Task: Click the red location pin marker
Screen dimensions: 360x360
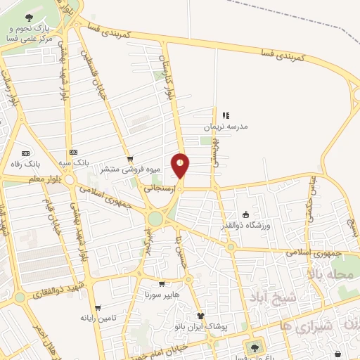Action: click(181, 165)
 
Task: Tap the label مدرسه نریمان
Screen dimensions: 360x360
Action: click(226, 127)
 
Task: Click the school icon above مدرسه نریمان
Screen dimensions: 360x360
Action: click(226, 115)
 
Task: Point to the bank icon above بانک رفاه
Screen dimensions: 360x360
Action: click(27, 153)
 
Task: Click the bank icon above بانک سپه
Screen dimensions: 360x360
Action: click(73, 153)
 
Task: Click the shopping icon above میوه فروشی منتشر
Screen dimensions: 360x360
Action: click(129, 159)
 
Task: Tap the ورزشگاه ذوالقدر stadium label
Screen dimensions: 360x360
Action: click(252, 225)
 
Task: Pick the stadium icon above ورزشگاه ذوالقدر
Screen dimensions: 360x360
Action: click(245, 214)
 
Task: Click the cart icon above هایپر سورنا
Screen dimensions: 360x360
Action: click(162, 284)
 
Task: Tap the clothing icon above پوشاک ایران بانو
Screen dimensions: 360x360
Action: click(200, 316)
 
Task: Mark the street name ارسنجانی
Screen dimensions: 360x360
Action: click(158, 188)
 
